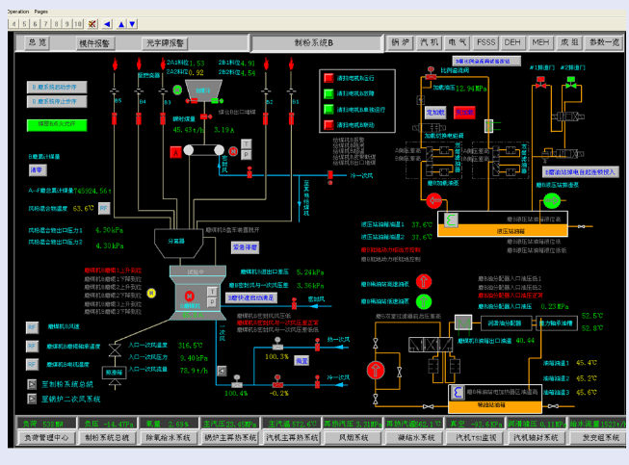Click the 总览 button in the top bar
(x=38, y=42)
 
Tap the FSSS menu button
(x=486, y=42)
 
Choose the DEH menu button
(x=513, y=42)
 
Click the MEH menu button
(x=541, y=42)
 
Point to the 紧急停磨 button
(x=245, y=246)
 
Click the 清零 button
(x=39, y=169)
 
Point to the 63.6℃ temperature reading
(x=85, y=207)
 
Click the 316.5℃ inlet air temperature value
(x=193, y=345)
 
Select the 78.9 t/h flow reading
(x=195, y=370)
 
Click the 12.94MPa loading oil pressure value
(x=475, y=88)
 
